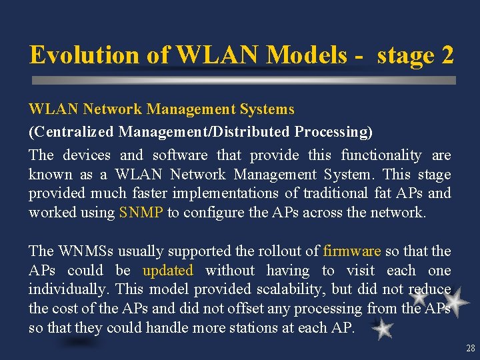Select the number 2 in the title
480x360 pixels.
click(x=447, y=55)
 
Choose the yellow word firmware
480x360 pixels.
click(x=351, y=251)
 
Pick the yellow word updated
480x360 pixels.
click(x=168, y=271)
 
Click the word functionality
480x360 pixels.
click(x=381, y=155)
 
